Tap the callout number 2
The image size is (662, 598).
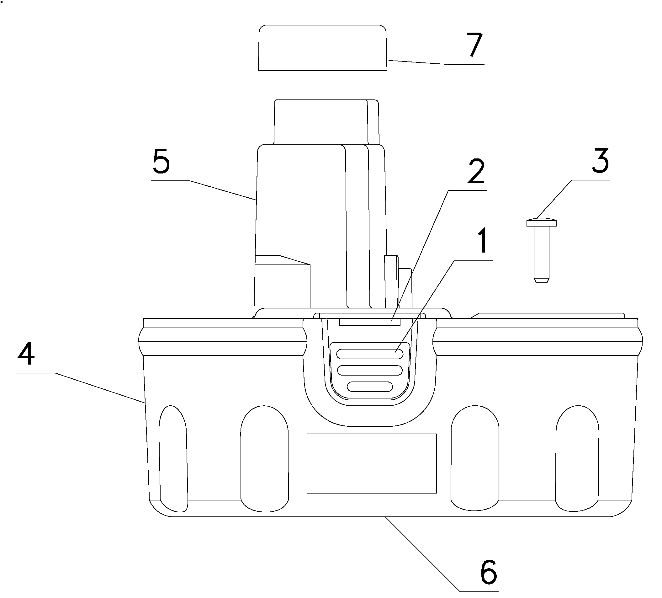coord(476,172)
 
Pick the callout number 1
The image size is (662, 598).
coord(482,242)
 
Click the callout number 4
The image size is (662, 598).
coord(26,354)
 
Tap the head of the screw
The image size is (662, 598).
coord(542,222)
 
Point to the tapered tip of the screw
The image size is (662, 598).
coord(542,280)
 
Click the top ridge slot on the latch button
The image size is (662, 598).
coord(370,354)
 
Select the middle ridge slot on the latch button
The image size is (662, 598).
coord(370,370)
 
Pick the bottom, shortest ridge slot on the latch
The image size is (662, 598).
coord(370,387)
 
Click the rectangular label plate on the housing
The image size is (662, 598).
coord(372,463)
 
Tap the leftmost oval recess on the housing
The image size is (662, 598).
coord(173,458)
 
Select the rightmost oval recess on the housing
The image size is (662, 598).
coord(577,458)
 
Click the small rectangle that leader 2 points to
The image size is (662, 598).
coord(370,322)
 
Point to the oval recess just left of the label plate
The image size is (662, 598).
coord(265,458)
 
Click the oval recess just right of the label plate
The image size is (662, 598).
coord(475,458)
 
